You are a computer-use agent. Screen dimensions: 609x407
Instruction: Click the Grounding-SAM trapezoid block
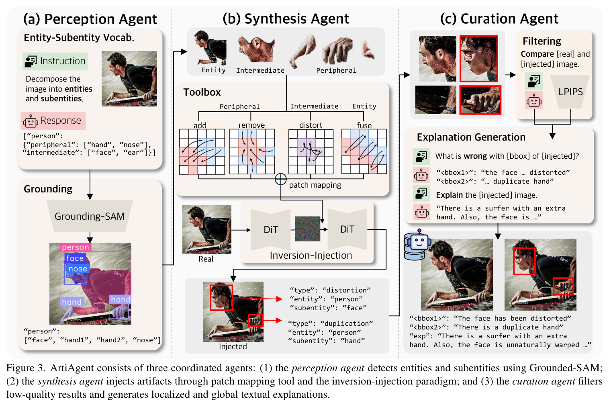tap(90, 216)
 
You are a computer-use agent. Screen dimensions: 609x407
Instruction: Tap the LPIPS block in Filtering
tap(570, 92)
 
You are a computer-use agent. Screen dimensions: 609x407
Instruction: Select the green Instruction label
tap(55, 61)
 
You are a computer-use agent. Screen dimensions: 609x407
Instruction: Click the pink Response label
tap(53, 121)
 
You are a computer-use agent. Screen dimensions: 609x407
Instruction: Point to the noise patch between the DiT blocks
tap(307, 229)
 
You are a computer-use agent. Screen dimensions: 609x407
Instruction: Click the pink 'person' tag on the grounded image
tap(76, 247)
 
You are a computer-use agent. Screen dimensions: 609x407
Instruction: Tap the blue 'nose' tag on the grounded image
tap(78, 269)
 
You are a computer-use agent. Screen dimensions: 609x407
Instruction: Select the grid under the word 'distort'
tap(311, 151)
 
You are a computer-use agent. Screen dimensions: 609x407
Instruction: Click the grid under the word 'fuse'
tap(364, 151)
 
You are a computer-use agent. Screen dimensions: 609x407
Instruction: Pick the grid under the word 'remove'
tap(252, 151)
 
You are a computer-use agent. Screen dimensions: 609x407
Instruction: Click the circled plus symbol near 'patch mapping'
tap(280, 179)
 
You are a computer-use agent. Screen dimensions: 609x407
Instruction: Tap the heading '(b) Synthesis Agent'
tap(286, 19)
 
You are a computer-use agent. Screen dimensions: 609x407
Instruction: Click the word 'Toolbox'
tap(202, 92)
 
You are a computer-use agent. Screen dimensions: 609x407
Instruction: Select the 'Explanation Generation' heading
tap(471, 137)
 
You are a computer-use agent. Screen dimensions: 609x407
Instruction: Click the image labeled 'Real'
tap(206, 230)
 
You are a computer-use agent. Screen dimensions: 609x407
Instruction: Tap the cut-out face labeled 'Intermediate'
tap(256, 49)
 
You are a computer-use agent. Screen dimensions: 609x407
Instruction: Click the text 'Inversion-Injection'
tap(311, 256)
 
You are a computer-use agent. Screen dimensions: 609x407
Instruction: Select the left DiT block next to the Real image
tap(270, 230)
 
